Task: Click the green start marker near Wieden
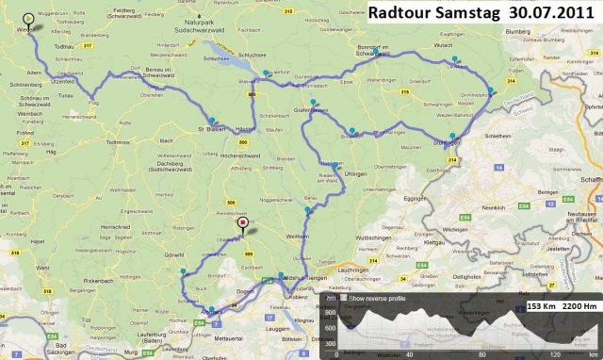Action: (x=28, y=18)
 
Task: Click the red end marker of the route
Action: (x=243, y=223)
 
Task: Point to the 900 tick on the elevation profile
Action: (x=330, y=311)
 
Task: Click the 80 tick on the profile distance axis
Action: (x=481, y=355)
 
